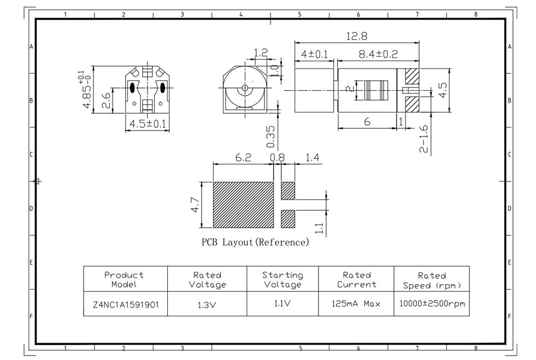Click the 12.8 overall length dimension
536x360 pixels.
[x=357, y=36]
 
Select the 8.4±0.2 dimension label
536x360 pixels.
[x=378, y=54]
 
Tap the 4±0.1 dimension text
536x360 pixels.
[x=314, y=55]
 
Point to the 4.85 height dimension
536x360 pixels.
[x=85, y=90]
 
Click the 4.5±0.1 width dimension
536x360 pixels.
[x=148, y=123]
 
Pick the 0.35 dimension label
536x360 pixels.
[x=270, y=137]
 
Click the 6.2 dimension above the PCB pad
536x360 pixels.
[x=243, y=158]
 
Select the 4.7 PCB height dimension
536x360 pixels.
[x=196, y=205]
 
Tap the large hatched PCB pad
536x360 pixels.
[x=243, y=205]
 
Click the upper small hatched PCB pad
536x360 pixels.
[x=288, y=191]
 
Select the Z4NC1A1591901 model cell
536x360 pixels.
[x=126, y=304]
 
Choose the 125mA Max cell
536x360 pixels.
[x=356, y=304]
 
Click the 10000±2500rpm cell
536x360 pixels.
[x=432, y=304]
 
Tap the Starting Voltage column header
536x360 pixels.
[x=282, y=280]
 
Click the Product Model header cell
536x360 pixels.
[x=124, y=280]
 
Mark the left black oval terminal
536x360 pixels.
[x=132, y=87]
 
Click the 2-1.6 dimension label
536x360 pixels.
[x=423, y=139]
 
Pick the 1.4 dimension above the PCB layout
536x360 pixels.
[x=312, y=158]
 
